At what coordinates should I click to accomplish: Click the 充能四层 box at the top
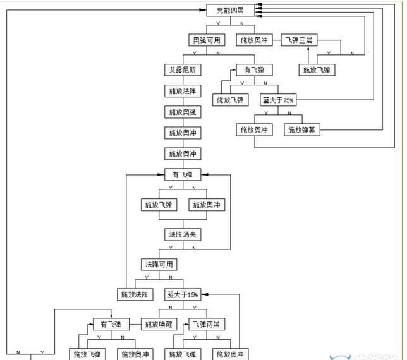click(x=226, y=10)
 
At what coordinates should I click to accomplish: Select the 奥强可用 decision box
click(x=207, y=40)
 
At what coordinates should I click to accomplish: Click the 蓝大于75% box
click(x=278, y=100)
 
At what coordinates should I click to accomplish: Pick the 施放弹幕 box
click(x=301, y=130)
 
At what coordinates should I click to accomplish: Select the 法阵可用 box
click(x=158, y=264)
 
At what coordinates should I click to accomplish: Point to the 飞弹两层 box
click(x=206, y=325)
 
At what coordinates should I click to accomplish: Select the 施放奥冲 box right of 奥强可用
click(x=254, y=40)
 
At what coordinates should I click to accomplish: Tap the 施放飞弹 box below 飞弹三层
click(x=316, y=69)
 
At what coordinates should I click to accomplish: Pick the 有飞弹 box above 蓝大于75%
click(x=254, y=69)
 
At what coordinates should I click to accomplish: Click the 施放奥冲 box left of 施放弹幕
click(x=254, y=130)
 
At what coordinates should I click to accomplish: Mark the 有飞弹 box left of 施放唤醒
click(x=111, y=325)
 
